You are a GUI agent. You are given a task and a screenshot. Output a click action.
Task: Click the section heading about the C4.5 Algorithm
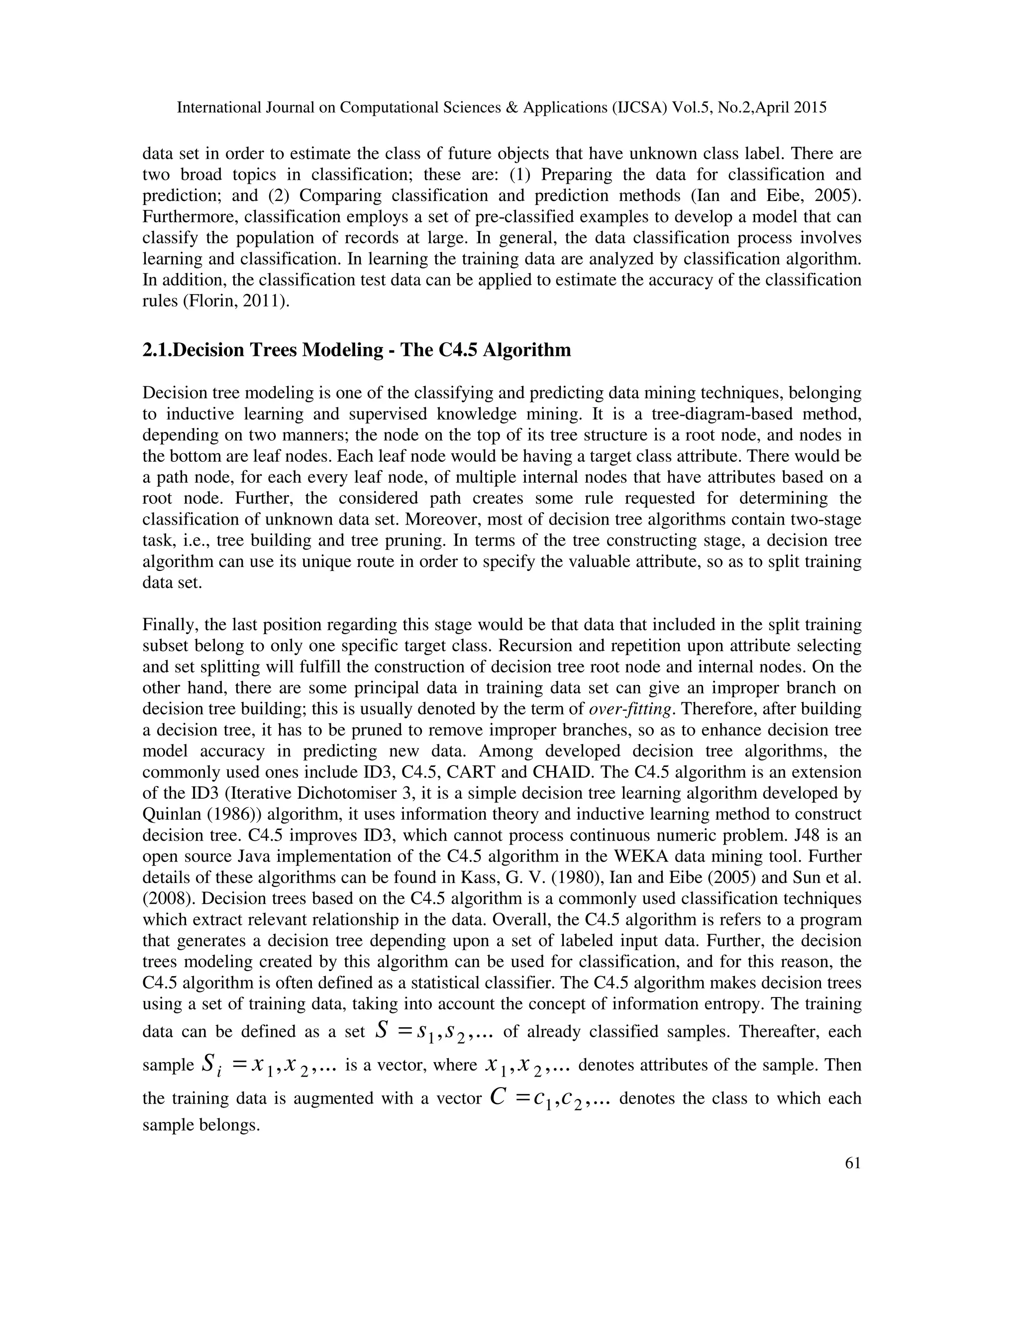tap(356, 350)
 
